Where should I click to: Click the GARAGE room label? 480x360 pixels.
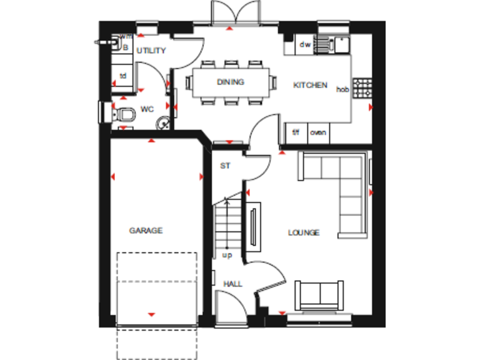146,231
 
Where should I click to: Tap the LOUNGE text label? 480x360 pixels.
304,232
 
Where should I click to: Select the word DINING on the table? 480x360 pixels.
231,82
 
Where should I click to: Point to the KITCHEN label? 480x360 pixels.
311,85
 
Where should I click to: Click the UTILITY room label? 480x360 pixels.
151,51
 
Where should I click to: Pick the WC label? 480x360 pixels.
147,109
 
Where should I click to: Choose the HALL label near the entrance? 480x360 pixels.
232,284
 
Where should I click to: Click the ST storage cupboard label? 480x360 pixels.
226,166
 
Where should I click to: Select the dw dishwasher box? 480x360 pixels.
305,44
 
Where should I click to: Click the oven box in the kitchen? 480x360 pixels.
318,132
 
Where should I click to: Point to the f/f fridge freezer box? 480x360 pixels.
296,132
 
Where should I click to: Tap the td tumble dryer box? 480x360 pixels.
124,76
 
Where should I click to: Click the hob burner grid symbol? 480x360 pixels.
362,88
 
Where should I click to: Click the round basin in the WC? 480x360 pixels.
164,123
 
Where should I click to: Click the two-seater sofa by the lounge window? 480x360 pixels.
318,295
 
